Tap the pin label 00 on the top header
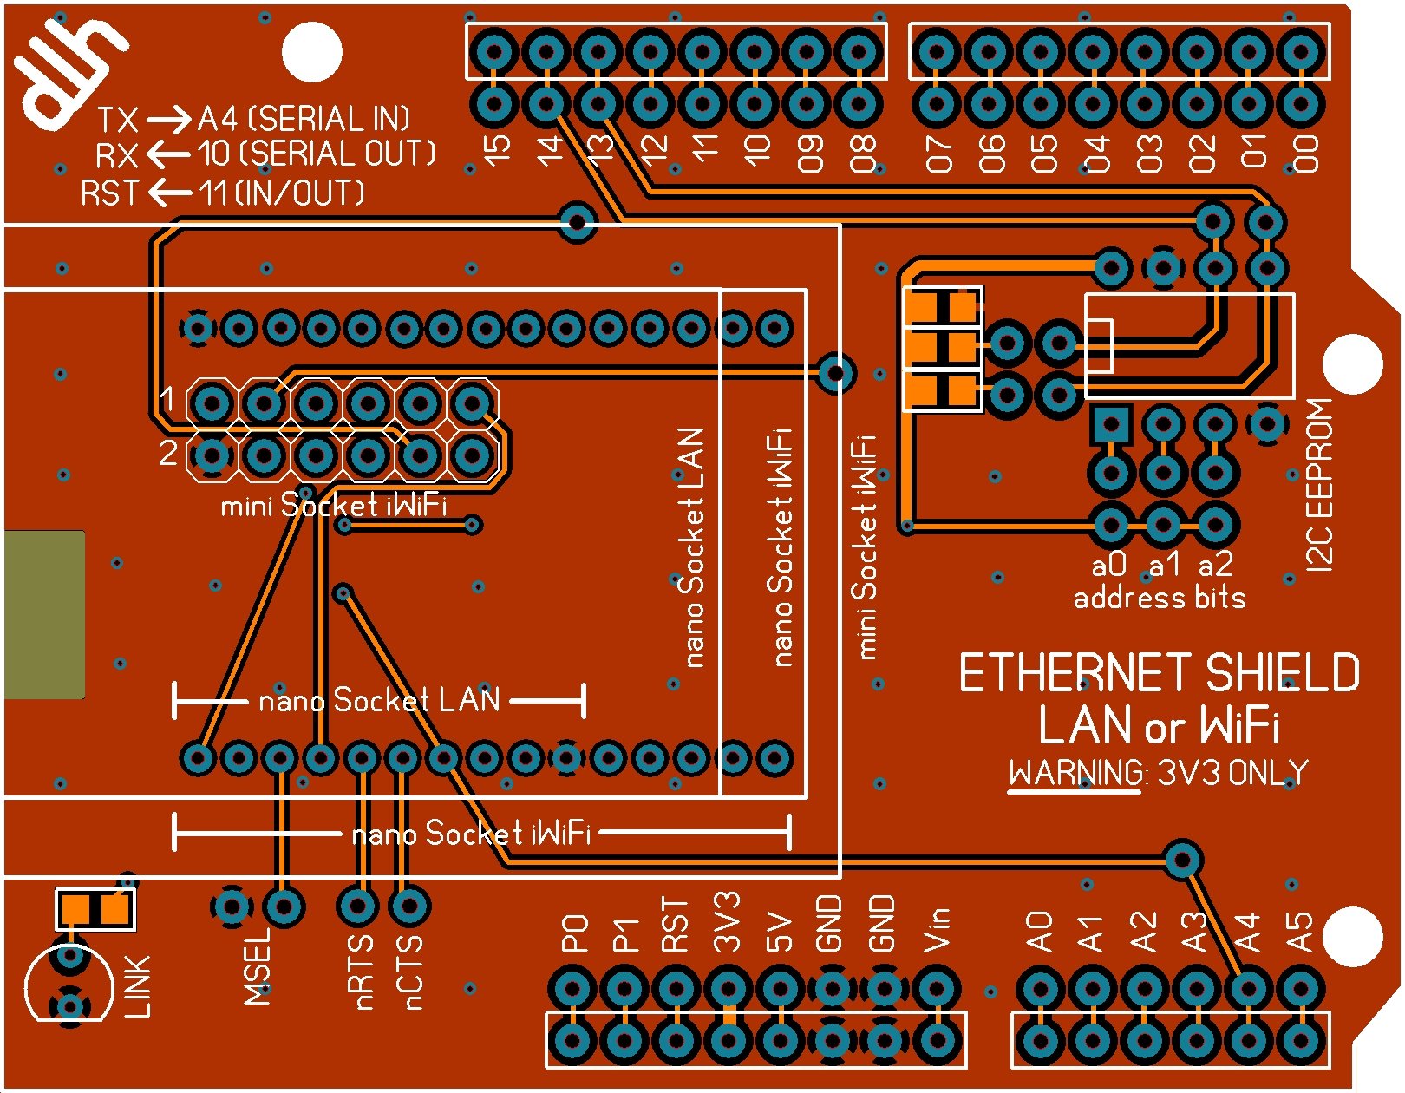coord(1305,153)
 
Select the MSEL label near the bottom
coord(258,967)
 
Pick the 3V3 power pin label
coord(727,921)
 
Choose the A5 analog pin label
coord(1299,932)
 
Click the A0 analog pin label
coord(1039,932)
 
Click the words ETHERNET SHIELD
coord(1159,673)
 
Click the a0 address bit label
coord(1109,566)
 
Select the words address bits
coord(1159,598)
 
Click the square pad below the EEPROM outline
coord(1111,424)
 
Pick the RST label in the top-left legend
coord(109,193)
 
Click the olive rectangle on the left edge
coord(44,614)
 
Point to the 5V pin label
coord(779,932)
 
